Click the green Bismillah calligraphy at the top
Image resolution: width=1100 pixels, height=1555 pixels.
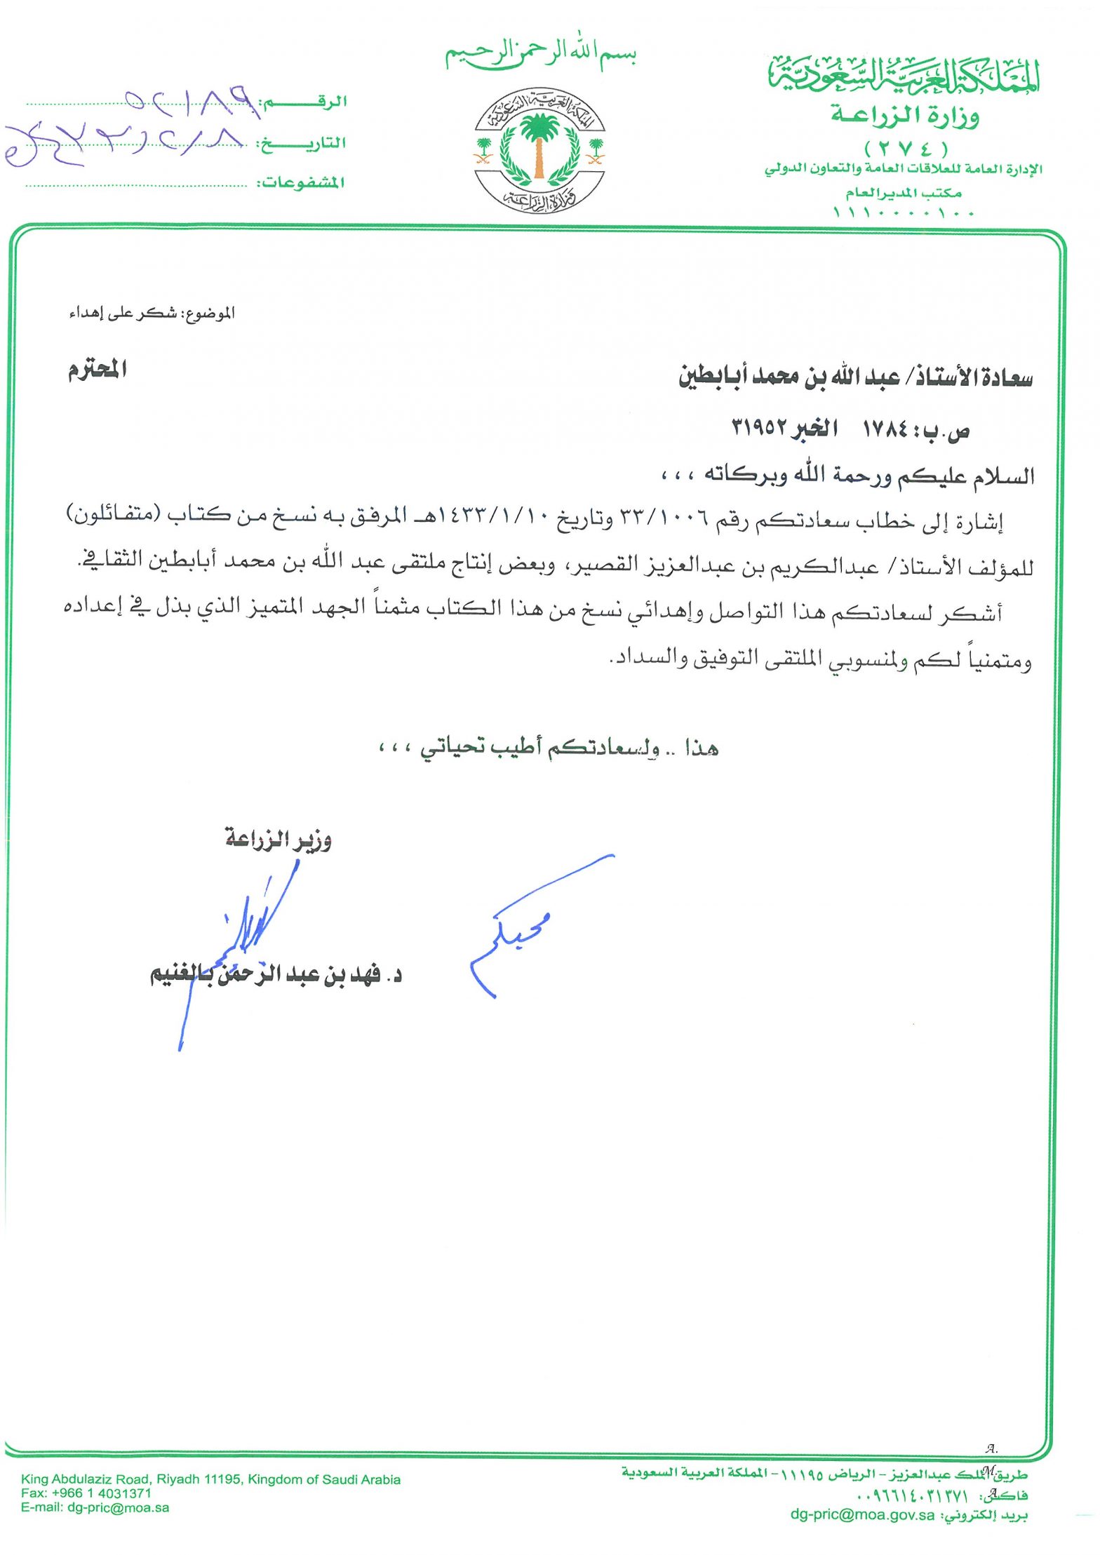click(x=540, y=52)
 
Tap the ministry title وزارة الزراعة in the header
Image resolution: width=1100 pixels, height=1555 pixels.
click(x=905, y=114)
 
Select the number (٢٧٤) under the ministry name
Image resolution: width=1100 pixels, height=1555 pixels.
click(x=906, y=149)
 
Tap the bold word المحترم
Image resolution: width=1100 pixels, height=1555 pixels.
click(x=98, y=369)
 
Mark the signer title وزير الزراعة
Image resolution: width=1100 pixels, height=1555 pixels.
click(x=279, y=838)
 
